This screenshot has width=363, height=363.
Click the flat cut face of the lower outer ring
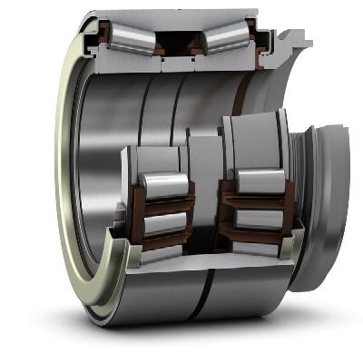(204, 272)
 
